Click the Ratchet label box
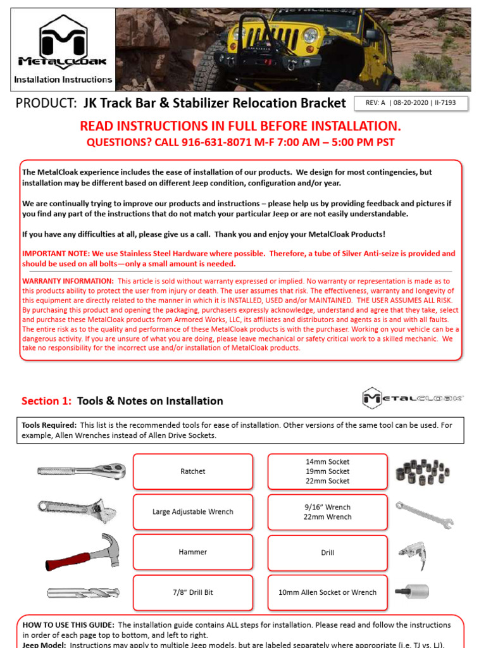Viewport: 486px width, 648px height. pos(192,471)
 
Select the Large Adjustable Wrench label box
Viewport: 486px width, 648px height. pos(192,512)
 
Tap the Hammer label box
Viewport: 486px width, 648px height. pos(192,552)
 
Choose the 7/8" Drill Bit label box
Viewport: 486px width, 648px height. pos(192,593)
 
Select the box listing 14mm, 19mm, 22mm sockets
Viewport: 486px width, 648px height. pos(327,471)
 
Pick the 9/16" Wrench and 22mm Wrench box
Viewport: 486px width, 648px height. pos(327,512)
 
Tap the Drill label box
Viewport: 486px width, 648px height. pos(327,552)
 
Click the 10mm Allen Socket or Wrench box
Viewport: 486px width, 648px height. pos(327,593)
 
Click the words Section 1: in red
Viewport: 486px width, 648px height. pos(47,401)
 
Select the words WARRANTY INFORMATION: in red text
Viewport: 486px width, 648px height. pos(68,281)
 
